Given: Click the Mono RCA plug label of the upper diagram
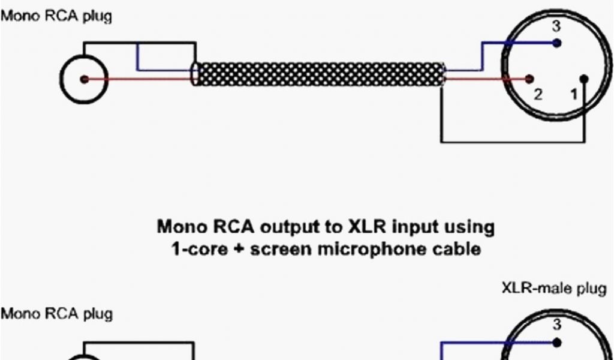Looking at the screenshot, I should [56, 16].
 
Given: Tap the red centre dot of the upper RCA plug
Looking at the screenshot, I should [84, 79].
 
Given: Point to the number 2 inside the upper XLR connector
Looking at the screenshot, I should [538, 94].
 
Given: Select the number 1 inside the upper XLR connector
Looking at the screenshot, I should [574, 94].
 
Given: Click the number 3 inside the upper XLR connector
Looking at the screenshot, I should [557, 26].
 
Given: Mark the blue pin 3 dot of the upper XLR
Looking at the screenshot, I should [558, 43].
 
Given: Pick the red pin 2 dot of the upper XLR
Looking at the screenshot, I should [529, 79].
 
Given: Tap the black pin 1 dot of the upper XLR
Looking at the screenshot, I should [585, 79].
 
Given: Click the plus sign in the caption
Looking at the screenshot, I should [239, 248].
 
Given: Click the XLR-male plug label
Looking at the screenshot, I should [553, 289].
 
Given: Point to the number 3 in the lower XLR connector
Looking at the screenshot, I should [557, 326].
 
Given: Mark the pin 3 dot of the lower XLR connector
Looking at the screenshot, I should [558, 343].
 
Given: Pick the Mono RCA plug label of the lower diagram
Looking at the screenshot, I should [56, 314].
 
